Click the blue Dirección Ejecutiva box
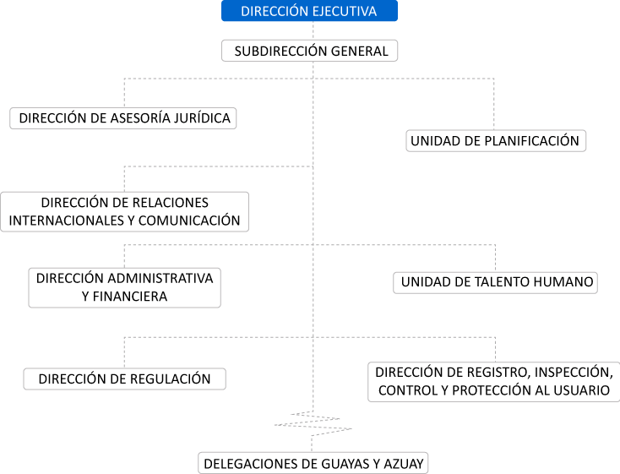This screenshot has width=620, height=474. (308, 11)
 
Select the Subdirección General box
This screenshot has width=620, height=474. (310, 51)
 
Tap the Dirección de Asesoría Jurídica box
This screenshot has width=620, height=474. (124, 118)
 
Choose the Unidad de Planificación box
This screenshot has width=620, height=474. (496, 140)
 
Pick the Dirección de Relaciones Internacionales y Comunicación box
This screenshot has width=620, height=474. (124, 212)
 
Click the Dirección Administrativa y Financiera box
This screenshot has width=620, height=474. (124, 287)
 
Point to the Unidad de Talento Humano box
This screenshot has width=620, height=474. (496, 282)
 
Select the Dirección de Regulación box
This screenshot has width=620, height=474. (124, 379)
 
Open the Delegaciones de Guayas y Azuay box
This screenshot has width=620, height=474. (313, 463)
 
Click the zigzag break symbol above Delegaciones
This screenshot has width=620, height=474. (313, 422)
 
